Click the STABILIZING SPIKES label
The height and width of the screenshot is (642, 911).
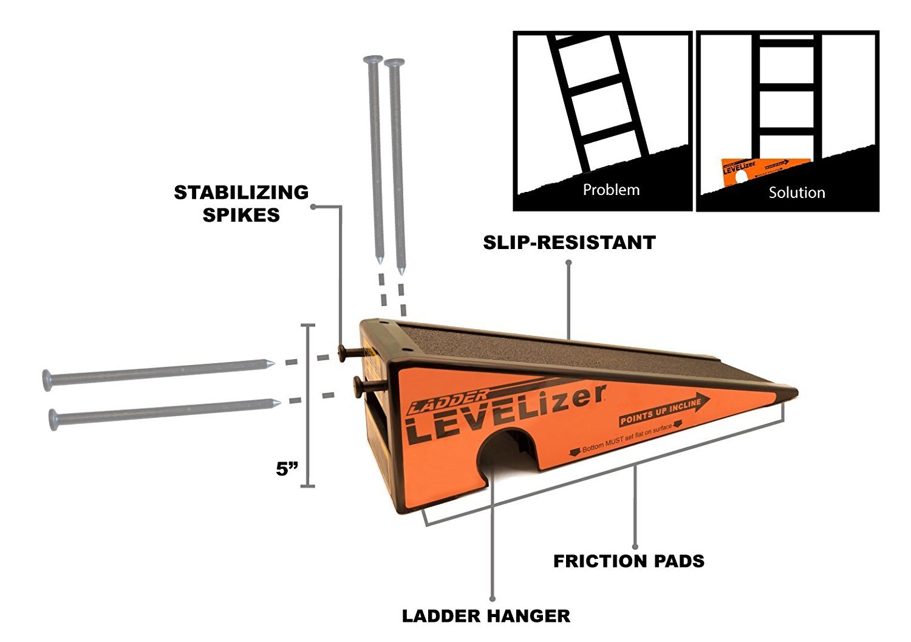[x=241, y=203]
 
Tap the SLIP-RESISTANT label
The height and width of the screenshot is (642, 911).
[x=569, y=242]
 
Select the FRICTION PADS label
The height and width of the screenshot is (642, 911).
[x=629, y=561]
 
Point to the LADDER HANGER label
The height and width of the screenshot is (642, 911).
[x=486, y=616]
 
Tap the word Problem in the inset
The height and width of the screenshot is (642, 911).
[x=611, y=190]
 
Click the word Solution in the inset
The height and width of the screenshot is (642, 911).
[x=796, y=193]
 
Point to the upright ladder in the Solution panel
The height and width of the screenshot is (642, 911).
[x=786, y=97]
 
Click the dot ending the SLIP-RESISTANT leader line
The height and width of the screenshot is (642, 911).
[x=569, y=262]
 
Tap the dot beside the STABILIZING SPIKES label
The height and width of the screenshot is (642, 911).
[x=313, y=207]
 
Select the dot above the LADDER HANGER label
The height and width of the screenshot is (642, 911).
[x=492, y=599]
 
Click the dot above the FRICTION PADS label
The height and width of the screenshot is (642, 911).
[x=635, y=547]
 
